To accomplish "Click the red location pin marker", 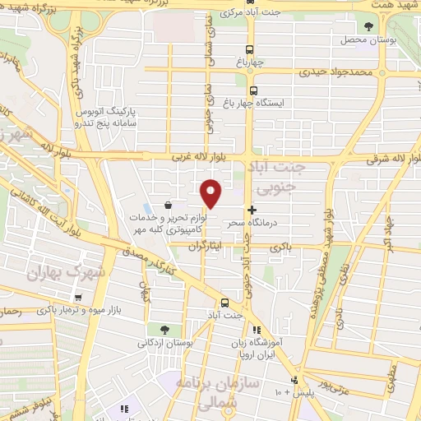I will coord(211,192).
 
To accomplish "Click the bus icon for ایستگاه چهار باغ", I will coord(252,91).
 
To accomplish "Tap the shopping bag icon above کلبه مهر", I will coord(168,205).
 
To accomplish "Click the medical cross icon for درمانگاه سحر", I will coord(252,210).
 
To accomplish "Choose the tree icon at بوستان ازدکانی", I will coord(165,330).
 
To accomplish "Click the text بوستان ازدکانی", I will coord(169,342).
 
